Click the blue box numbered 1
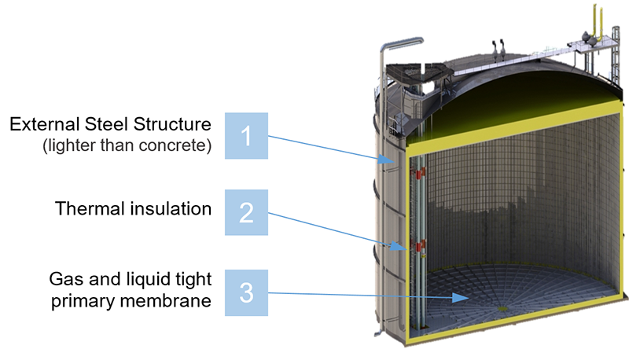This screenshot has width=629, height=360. pos(246,136)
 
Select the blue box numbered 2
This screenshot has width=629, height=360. pos(246,212)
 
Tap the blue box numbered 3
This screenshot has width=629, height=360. pos(246,292)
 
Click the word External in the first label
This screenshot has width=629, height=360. pos(45,124)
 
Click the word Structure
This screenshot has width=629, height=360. pos(172,124)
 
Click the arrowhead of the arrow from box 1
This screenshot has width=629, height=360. pos(387,160)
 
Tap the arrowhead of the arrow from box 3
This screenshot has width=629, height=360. pos(461,297)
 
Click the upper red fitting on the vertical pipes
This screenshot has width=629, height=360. pos(420,173)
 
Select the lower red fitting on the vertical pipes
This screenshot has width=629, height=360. pos(420,245)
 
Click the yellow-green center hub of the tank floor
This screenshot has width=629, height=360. pos(502,308)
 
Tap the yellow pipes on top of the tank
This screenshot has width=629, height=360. pos(598,24)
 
